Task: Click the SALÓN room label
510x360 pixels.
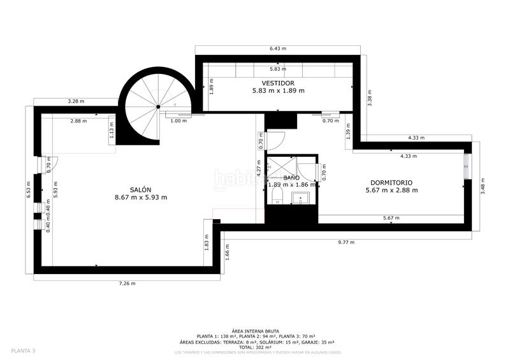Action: pyautogui.click(x=140, y=189)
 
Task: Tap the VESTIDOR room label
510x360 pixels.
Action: pyautogui.click(x=278, y=83)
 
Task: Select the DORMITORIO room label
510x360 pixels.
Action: pyautogui.click(x=391, y=182)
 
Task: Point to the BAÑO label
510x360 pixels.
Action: pyautogui.click(x=291, y=178)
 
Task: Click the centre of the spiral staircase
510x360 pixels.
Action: pyautogui.click(x=158, y=107)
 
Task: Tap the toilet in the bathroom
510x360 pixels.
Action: pyautogui.click(x=277, y=194)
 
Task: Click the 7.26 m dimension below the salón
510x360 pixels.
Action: pyautogui.click(x=126, y=284)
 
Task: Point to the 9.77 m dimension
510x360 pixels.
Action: pyautogui.click(x=346, y=242)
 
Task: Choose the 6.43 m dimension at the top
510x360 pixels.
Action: pyautogui.click(x=278, y=48)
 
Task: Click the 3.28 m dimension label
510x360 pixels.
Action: pyautogui.click(x=76, y=101)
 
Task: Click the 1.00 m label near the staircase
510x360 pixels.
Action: pyautogui.click(x=179, y=120)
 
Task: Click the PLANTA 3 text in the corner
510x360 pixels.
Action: pyautogui.click(x=23, y=350)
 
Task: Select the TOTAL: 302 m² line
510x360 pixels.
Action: pyautogui.click(x=255, y=347)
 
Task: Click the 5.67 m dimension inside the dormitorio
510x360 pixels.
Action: pyautogui.click(x=391, y=219)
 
